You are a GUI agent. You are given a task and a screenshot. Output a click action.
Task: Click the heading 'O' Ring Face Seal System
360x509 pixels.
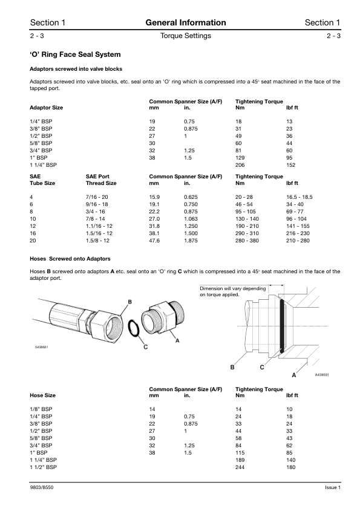(x=75, y=54)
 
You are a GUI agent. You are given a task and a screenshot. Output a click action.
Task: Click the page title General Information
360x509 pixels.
(x=186, y=23)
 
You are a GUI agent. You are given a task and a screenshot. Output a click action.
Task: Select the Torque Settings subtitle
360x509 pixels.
(x=186, y=36)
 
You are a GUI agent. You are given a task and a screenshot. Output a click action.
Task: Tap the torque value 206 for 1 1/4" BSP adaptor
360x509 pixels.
(x=240, y=165)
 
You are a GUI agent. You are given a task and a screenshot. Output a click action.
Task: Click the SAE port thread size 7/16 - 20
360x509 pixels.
(x=97, y=197)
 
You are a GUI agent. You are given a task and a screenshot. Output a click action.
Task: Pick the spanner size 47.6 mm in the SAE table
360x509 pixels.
(x=154, y=241)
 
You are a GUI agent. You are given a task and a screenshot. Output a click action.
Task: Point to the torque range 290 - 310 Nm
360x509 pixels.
(x=247, y=233)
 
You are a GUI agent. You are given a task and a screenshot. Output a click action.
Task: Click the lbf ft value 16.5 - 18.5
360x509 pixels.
(x=299, y=197)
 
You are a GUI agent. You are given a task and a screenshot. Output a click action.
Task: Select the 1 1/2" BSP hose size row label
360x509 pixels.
(x=43, y=467)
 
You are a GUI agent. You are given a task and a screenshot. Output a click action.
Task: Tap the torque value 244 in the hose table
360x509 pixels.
(x=240, y=467)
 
